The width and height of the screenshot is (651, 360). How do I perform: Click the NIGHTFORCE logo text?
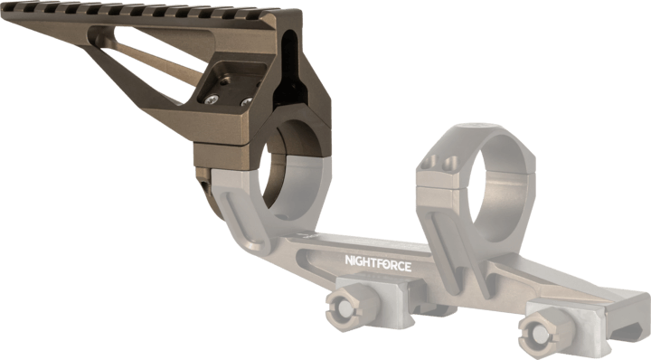378,263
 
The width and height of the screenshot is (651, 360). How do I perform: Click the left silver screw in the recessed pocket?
212,99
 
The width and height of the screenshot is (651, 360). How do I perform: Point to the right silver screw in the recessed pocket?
247,101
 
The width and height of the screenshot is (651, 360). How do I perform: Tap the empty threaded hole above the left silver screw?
224,82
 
